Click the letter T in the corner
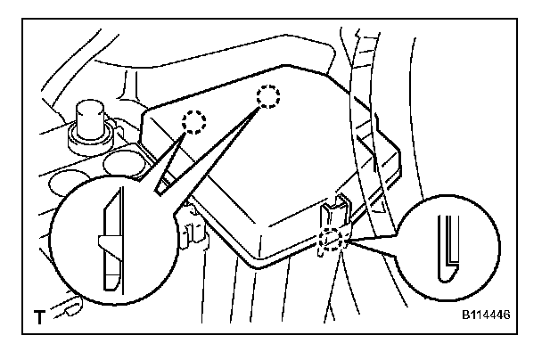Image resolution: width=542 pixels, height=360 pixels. (37, 315)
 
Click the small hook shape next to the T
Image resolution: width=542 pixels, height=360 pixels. (67, 310)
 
